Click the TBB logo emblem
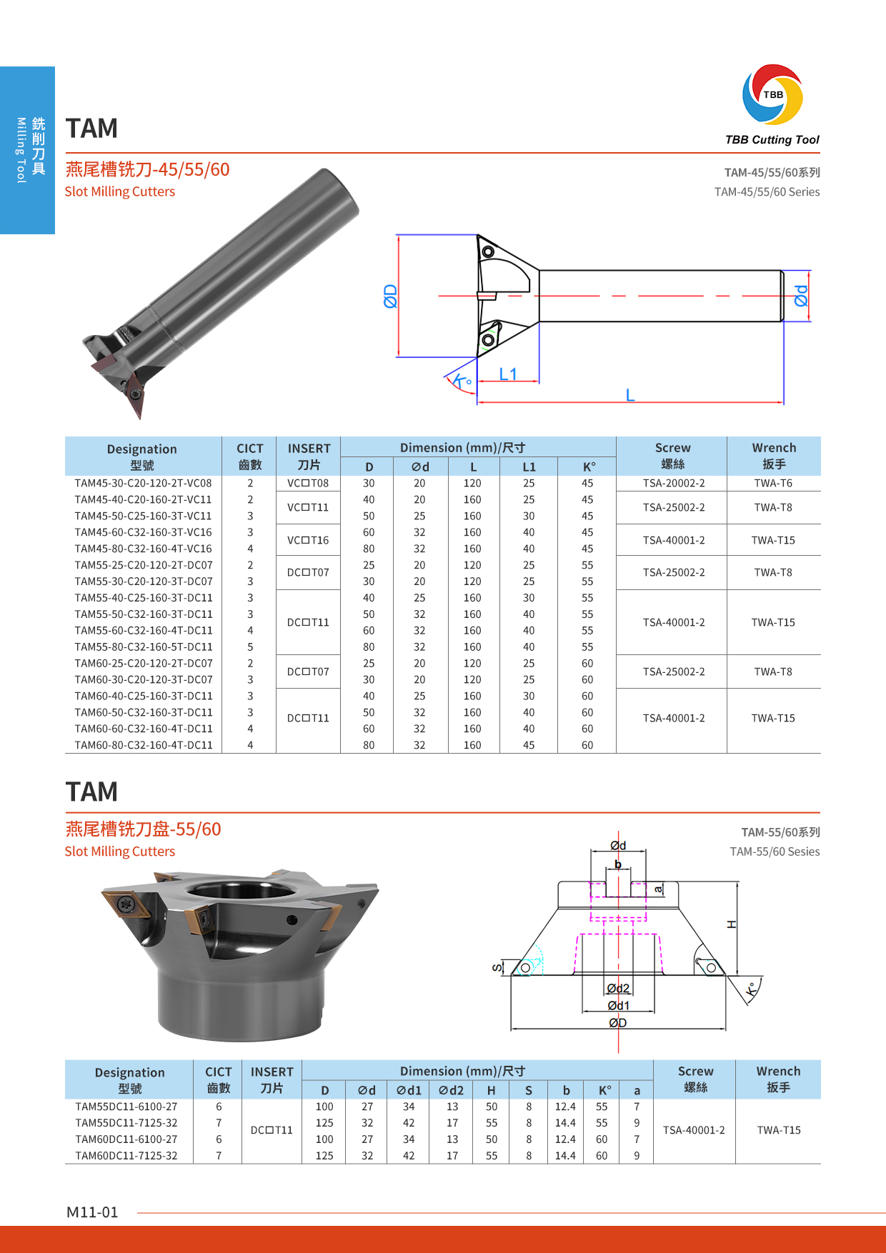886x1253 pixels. (772, 95)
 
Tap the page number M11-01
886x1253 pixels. (92, 1212)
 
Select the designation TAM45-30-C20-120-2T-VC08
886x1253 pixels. (143, 483)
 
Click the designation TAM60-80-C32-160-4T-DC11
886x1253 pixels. (143, 745)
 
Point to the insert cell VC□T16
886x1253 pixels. (308, 540)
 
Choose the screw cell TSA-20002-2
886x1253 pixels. (673, 483)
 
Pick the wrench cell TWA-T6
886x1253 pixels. (773, 483)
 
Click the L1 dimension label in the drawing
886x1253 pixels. (508, 374)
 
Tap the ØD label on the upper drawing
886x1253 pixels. (390, 296)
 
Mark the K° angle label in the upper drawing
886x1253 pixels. (462, 381)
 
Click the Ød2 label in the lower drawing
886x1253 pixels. (618, 988)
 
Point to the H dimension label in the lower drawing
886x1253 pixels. (731, 924)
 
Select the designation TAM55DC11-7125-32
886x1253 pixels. (126, 1123)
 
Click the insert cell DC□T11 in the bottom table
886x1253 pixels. (272, 1130)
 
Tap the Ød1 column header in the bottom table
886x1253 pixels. (409, 1090)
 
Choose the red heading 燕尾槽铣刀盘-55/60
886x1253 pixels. (143, 829)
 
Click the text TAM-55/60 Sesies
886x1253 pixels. (775, 852)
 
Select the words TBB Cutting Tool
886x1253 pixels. (772, 140)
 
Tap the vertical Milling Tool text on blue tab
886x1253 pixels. (21, 150)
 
